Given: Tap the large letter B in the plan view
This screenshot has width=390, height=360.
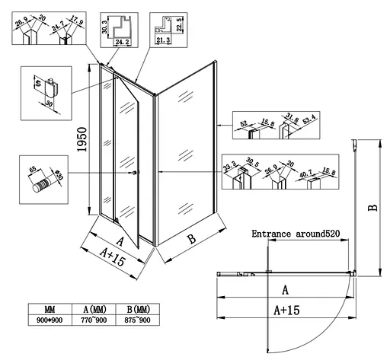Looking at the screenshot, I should (x=370, y=207).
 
